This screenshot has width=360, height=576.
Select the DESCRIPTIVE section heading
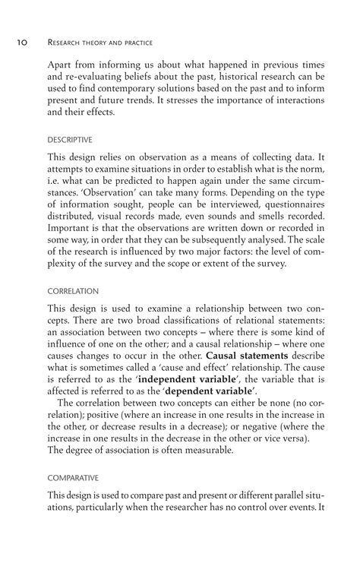[70, 139]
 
